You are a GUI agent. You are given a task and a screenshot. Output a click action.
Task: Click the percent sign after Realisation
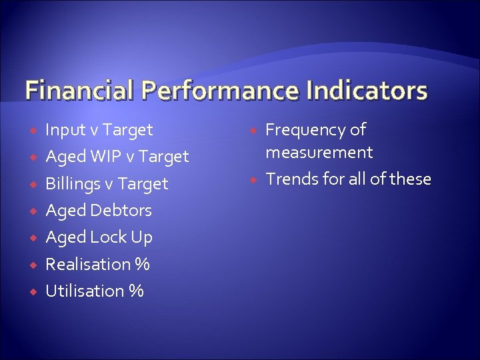141,265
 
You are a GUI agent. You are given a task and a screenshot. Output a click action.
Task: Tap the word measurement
319,153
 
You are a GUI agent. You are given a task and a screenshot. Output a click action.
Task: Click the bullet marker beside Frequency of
253,130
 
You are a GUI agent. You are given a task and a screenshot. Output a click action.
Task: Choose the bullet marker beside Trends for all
253,179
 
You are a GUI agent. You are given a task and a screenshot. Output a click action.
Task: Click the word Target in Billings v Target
145,184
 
